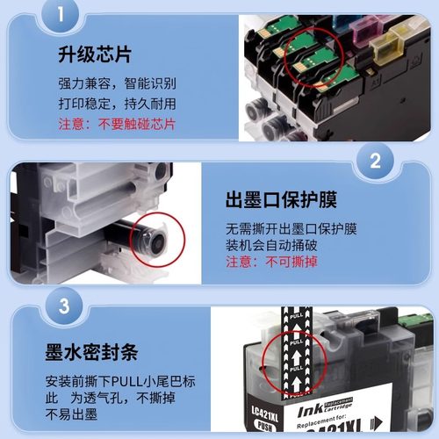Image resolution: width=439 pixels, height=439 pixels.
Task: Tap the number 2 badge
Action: [x=375, y=162]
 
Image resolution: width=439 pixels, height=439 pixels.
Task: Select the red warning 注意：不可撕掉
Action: [x=263, y=263]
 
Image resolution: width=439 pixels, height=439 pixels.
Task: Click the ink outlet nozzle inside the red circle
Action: [x=155, y=234]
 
